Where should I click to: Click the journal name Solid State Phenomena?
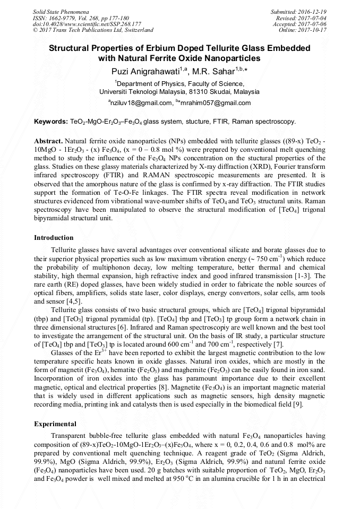point(58,11)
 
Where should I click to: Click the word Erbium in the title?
point(174,48)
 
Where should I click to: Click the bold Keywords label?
point(50,122)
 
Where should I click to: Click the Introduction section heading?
point(54,237)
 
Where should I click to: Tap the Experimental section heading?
point(55,424)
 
